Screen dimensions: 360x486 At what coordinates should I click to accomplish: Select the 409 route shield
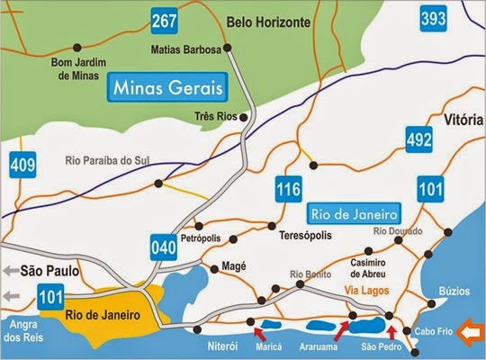tap(21, 166)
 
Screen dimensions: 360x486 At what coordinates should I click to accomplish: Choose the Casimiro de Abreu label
tap(367, 266)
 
